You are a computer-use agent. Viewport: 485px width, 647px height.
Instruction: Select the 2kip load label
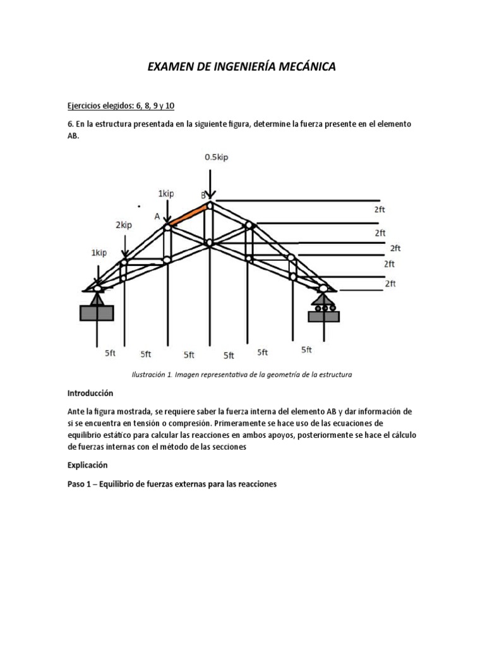[124, 224]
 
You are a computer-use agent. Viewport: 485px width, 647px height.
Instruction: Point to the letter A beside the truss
[157, 216]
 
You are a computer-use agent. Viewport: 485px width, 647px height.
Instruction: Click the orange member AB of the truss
[188, 214]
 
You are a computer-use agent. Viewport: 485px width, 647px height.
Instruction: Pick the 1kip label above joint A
[165, 193]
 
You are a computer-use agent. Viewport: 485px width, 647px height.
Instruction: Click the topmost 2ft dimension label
[380, 209]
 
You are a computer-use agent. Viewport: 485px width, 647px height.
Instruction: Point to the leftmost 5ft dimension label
[111, 353]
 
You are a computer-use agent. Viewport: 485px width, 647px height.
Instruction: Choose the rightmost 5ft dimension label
[306, 349]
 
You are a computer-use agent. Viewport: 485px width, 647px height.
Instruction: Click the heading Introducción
[95, 392]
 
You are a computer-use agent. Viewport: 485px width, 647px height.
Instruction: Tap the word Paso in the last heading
[79, 485]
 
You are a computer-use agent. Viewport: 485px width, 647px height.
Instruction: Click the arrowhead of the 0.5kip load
[210, 198]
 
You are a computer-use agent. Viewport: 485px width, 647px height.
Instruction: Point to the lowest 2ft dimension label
[390, 284]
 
